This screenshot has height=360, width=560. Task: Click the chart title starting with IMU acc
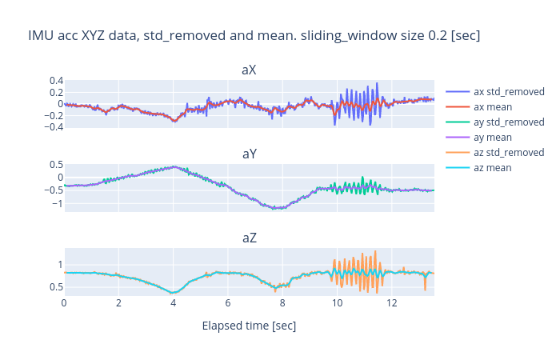pos(254,36)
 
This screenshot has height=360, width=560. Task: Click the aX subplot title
pos(249,70)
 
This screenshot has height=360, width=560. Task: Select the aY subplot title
pos(249,154)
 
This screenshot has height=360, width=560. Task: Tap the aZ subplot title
pos(249,238)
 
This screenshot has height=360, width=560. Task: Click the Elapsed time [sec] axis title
pos(249,326)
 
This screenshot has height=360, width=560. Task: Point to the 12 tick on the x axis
pos(392,303)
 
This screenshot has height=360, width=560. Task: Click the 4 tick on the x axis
pos(173,303)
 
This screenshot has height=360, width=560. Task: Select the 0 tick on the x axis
pos(64,303)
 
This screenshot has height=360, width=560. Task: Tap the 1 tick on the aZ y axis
pos(58,264)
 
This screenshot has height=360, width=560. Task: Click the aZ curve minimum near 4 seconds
pos(173,293)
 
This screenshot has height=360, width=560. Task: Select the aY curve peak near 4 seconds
pos(174,166)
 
